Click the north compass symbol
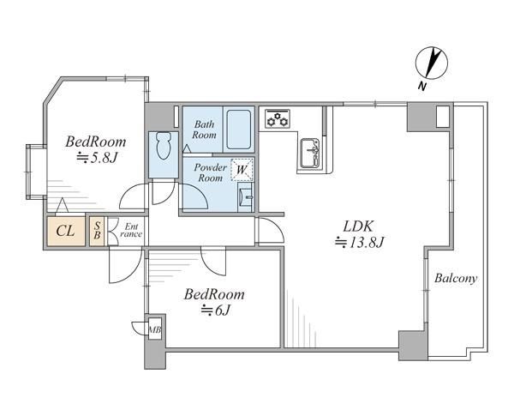click(431, 63)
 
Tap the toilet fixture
click(164, 146)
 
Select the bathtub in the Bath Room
click(239, 130)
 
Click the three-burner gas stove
click(278, 118)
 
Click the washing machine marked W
click(242, 170)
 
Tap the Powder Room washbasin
click(246, 197)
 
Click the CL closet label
click(66, 231)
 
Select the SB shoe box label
click(97, 231)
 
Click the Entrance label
click(131, 231)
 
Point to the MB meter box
click(155, 329)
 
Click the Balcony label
click(456, 279)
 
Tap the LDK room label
click(358, 226)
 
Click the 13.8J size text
click(359, 243)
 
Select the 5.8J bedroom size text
click(97, 159)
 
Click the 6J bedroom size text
click(215, 310)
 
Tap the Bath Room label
click(204, 130)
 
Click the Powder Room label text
click(211, 172)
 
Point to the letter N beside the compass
click(421, 87)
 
